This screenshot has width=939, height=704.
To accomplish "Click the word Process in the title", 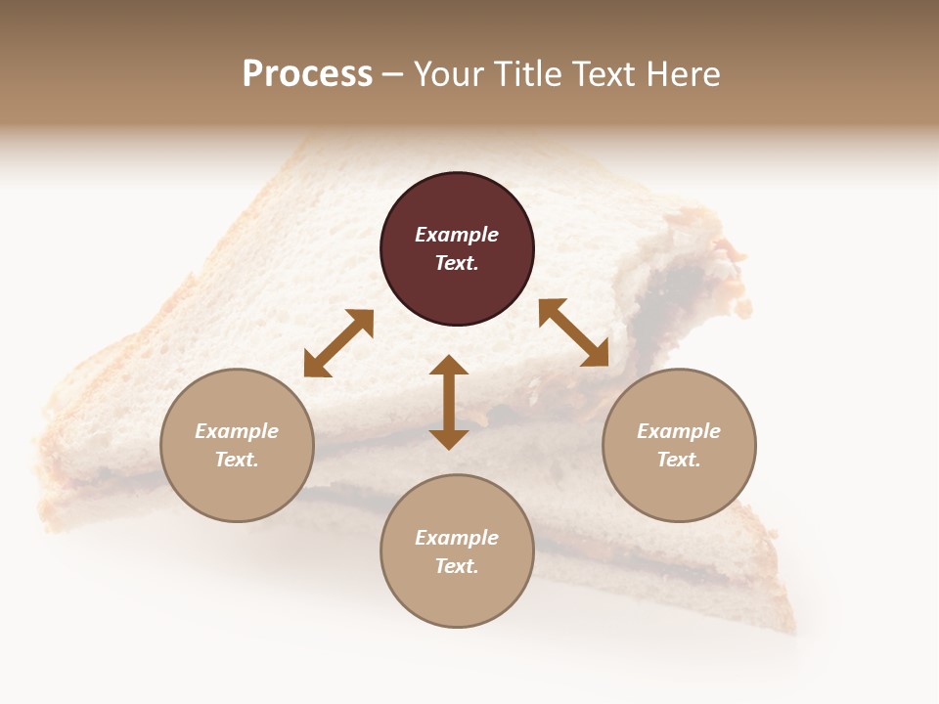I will pyautogui.click(x=307, y=74).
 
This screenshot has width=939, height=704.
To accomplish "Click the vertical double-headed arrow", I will pyautogui.click(x=449, y=402).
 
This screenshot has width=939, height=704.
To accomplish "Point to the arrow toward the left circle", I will pyautogui.click(x=338, y=342).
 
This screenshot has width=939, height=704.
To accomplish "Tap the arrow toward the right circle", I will pyautogui.click(x=573, y=332).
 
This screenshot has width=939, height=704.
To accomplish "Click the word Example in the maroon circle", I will pyautogui.click(x=457, y=235).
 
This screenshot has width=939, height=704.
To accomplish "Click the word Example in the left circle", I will pyautogui.click(x=237, y=431).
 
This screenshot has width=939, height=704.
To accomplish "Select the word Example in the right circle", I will pyautogui.click(x=679, y=431).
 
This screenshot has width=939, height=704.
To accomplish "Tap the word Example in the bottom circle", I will pyautogui.click(x=457, y=538).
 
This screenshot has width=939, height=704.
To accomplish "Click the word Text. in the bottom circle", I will pyautogui.click(x=457, y=566).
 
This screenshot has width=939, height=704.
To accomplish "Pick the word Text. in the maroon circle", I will pyautogui.click(x=457, y=263).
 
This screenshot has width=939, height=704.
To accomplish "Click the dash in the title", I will pyautogui.click(x=393, y=75).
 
